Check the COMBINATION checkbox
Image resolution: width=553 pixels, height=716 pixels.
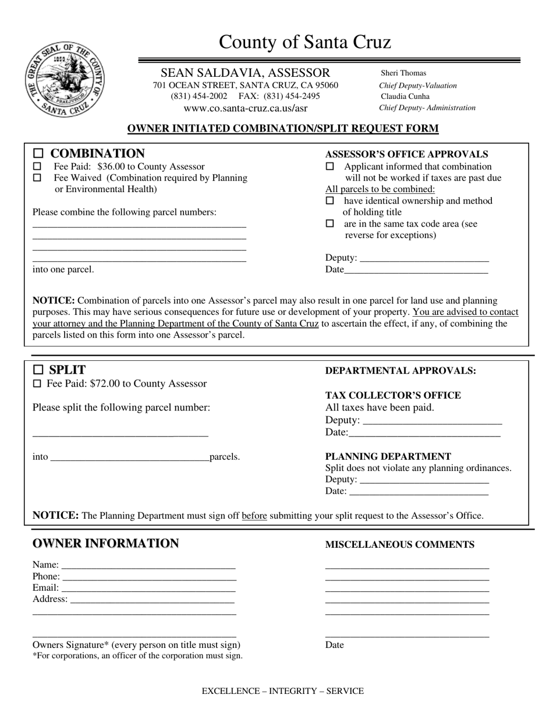[x=38, y=154]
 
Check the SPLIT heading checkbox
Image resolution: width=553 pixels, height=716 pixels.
[x=38, y=370]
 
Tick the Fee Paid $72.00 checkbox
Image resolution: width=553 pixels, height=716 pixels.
[x=37, y=384]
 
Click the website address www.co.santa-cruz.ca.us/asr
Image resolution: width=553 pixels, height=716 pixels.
[x=246, y=108]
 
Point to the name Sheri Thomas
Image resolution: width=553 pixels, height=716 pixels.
[x=403, y=73]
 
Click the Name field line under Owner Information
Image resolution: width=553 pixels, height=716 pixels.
[x=148, y=566]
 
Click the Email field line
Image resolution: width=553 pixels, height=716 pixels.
[x=148, y=589]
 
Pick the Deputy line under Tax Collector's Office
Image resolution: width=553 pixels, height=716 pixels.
[x=431, y=421]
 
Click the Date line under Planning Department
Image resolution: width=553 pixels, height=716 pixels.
[x=419, y=492]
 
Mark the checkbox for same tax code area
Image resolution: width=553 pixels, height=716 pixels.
[x=330, y=224]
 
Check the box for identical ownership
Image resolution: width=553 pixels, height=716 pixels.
[x=330, y=201]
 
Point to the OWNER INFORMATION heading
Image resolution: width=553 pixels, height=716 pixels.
[x=105, y=544]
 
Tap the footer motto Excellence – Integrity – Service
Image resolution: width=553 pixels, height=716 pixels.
[x=282, y=691]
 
